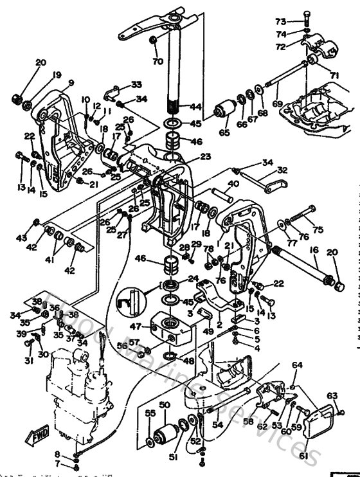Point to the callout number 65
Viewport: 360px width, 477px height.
(x=224, y=132)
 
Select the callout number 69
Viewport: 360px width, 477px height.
(x=277, y=103)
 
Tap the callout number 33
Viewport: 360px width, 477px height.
(x=136, y=85)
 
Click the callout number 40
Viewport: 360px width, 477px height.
(x=233, y=184)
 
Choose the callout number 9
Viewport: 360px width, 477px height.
(x=70, y=83)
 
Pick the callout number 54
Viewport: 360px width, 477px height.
(x=217, y=425)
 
